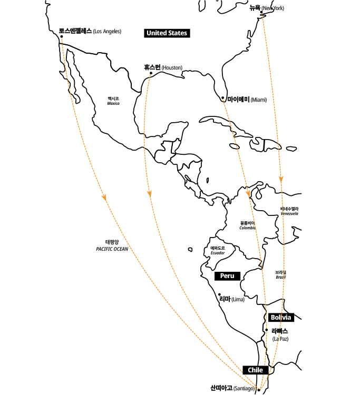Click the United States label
click(x=167, y=33)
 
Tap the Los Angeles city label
click(x=90, y=32)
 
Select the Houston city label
click(x=163, y=68)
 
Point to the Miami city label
click(x=247, y=100)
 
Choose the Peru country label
click(x=227, y=276)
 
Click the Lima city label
click(x=232, y=299)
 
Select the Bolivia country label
click(x=281, y=318)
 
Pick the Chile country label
click(x=255, y=370)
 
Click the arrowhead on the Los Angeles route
click(x=105, y=197)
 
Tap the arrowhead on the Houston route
click(x=150, y=193)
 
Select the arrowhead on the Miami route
click(x=248, y=193)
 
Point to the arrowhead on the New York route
click(x=281, y=180)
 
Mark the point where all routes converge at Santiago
click(x=259, y=390)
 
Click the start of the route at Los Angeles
click(x=62, y=38)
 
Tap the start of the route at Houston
click(x=150, y=75)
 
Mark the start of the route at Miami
click(x=223, y=99)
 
